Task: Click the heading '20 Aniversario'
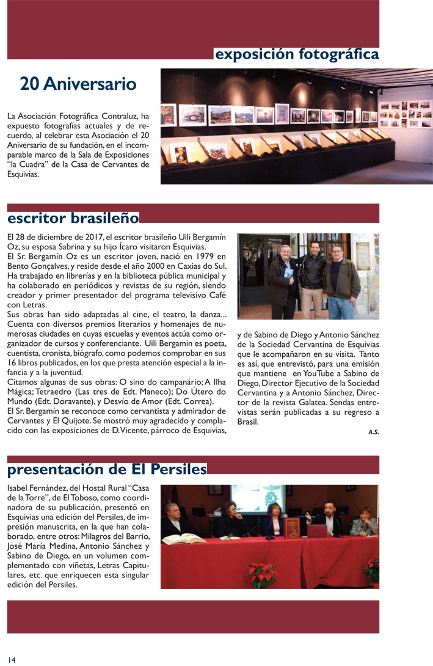(78, 83)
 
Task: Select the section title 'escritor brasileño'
(73, 218)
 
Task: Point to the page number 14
(12, 659)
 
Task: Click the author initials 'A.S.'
(373, 432)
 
